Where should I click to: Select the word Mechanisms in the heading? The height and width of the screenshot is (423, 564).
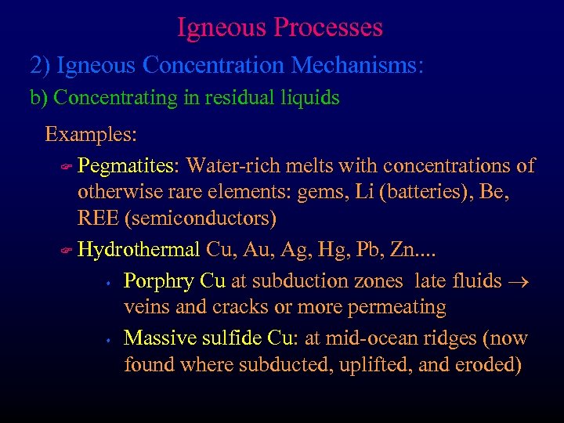(x=360, y=64)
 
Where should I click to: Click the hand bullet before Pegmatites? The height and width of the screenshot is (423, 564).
(x=67, y=167)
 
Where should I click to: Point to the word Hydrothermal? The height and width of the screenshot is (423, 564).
(x=139, y=250)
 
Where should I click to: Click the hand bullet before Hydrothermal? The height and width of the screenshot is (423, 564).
(x=67, y=251)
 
